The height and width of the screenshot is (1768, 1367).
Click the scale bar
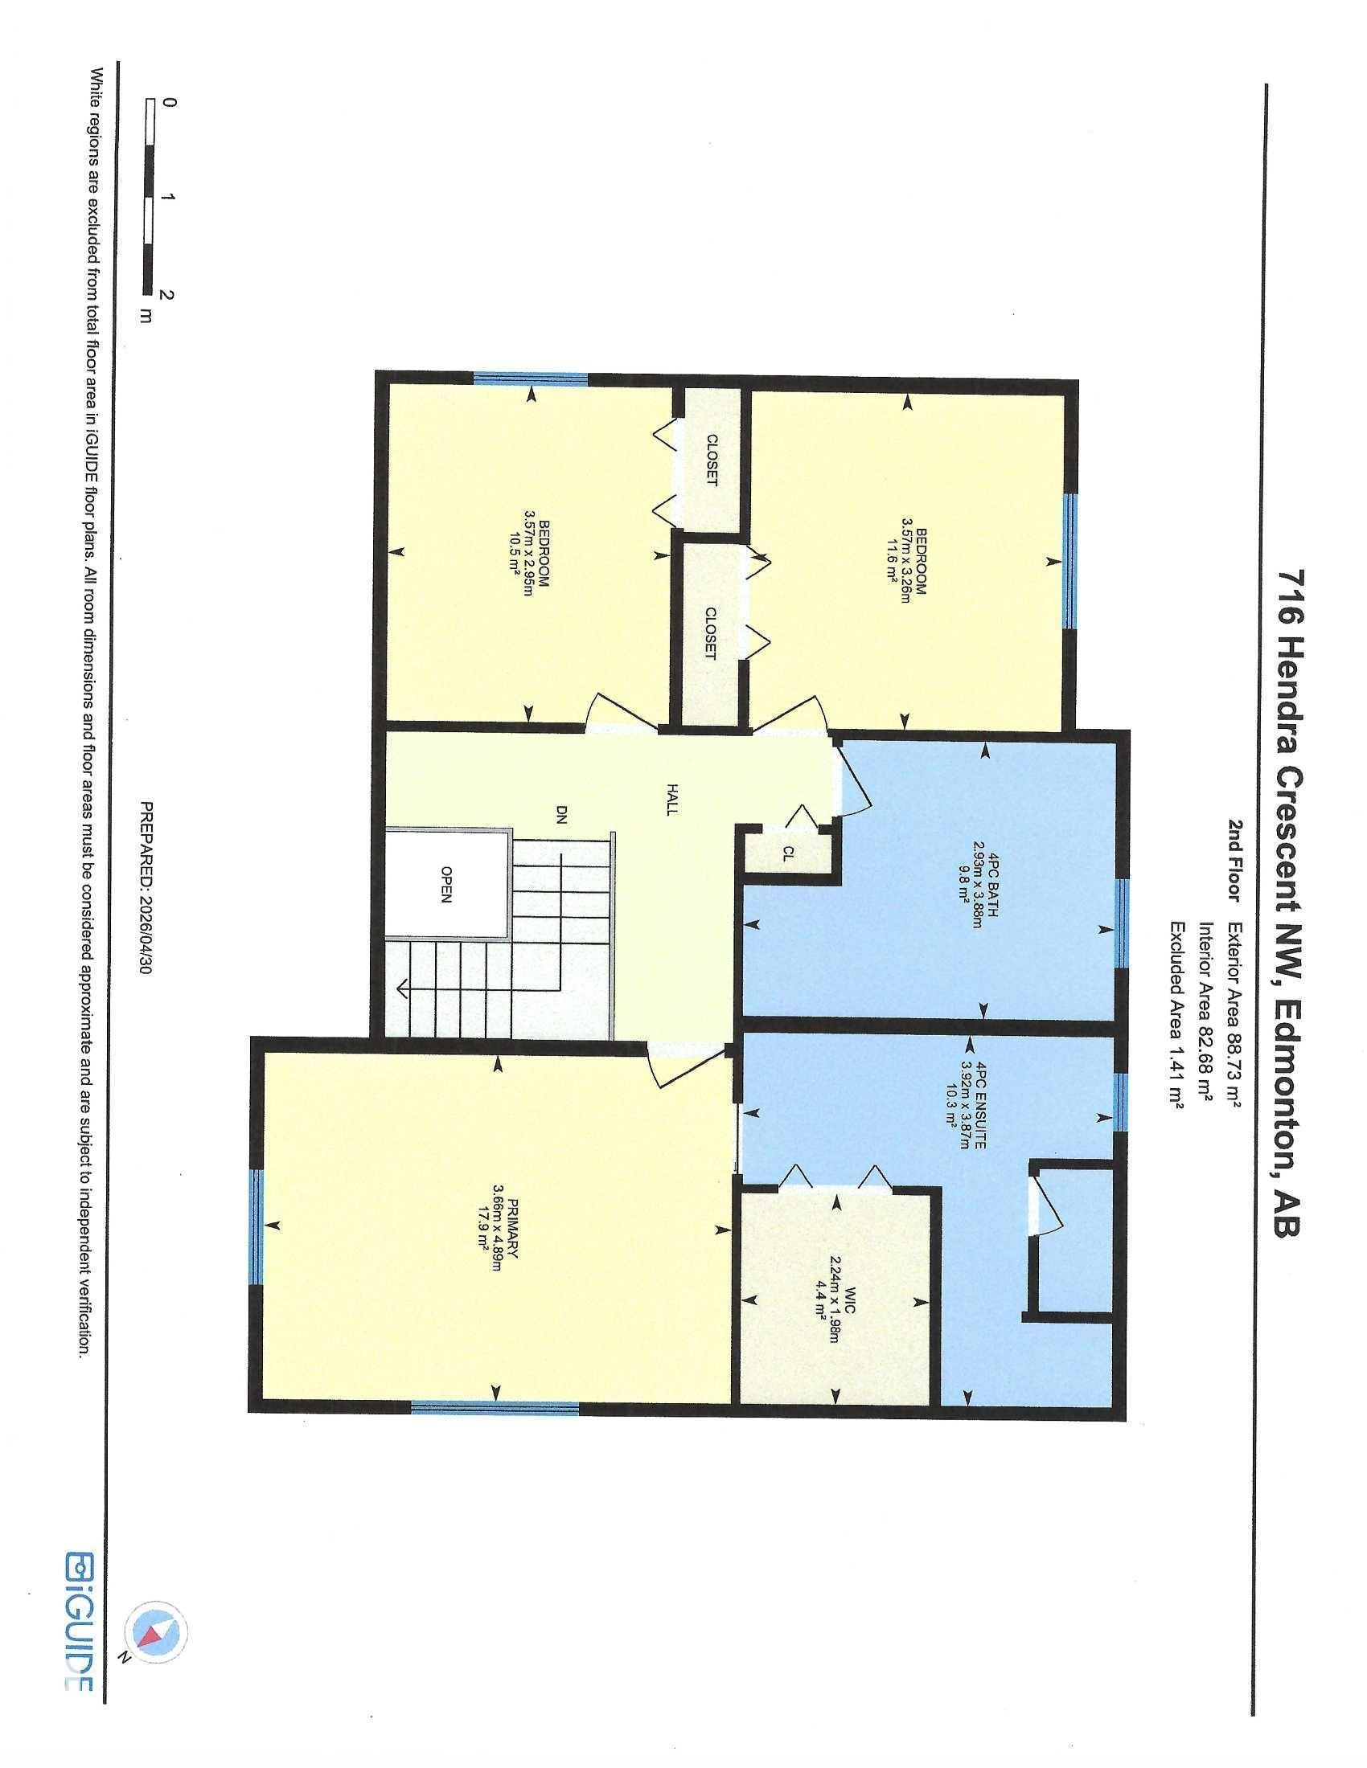(150, 195)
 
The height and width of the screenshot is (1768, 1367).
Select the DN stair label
(562, 812)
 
